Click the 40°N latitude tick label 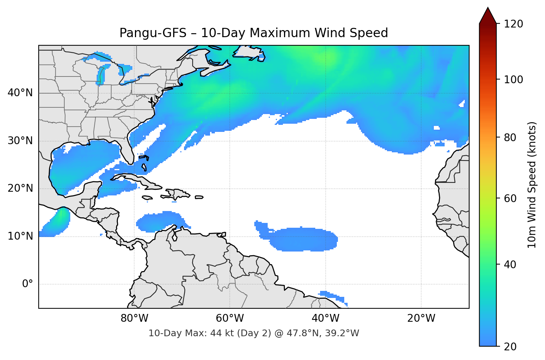coord(20,93)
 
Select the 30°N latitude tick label coord(20,141)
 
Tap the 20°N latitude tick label coord(20,188)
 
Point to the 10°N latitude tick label coord(20,236)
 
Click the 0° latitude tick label coord(28,284)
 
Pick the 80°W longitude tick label coord(134,318)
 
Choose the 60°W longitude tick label coord(230,318)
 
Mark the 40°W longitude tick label coord(326,318)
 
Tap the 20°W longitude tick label coord(421,318)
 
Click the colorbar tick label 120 coord(513,24)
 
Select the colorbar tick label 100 coord(513,80)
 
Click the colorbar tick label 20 coord(510,347)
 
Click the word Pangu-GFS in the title coord(153,33)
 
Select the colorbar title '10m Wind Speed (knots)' coord(532,185)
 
